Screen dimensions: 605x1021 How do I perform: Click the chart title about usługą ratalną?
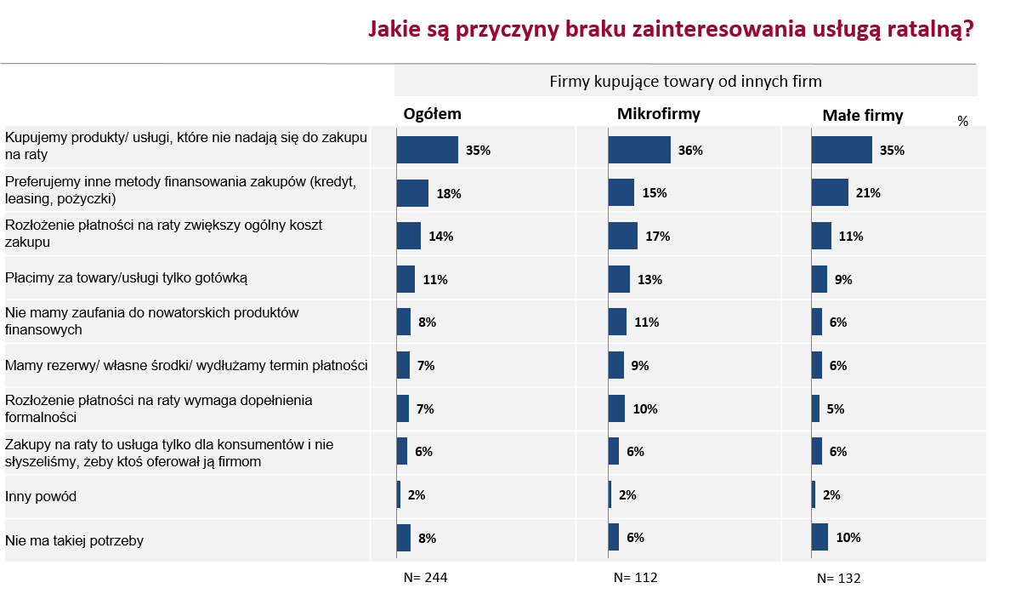pos(670,29)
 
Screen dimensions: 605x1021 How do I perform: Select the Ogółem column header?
pos(432,114)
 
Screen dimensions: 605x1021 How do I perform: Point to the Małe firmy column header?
pos(862,115)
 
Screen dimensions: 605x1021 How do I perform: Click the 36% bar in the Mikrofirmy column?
pos(639,150)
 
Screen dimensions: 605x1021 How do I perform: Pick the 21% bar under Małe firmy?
pos(830,193)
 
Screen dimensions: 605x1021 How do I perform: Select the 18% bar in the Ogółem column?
pos(412,193)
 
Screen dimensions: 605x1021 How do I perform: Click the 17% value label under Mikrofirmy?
pos(658,237)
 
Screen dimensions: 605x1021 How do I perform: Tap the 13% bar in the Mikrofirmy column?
pos(619,279)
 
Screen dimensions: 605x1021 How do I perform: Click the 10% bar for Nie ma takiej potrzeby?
pos(820,537)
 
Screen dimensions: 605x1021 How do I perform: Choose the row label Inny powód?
pos(41,496)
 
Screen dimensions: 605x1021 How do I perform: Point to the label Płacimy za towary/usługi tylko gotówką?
pos(126,277)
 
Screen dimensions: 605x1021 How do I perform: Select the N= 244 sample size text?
pos(425,578)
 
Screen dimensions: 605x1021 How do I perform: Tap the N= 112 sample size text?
pos(635,578)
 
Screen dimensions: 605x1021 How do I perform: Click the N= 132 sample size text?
pos(838,579)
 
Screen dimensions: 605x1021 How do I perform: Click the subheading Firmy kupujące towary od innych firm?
pos(685,82)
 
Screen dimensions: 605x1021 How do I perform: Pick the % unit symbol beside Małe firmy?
pos(962,122)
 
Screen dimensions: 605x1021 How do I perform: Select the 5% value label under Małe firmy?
pos(835,408)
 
